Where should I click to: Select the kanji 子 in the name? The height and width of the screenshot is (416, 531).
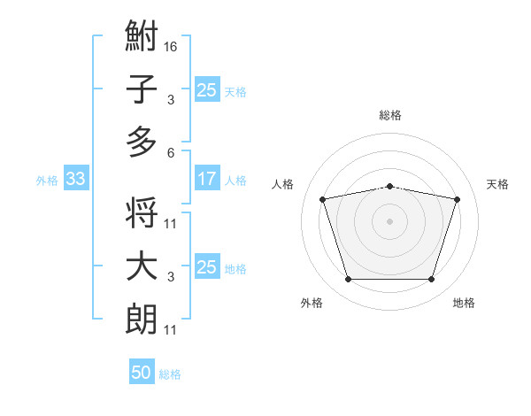142,90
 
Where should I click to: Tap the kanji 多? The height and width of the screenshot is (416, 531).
142,142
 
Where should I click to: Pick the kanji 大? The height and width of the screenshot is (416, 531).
142,267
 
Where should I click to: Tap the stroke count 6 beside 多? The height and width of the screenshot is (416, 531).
171,151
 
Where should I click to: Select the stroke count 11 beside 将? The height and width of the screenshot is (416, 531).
171,224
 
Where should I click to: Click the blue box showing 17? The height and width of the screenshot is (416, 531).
206,179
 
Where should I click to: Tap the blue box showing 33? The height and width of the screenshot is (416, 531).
75,179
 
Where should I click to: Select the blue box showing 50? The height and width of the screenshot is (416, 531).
142,373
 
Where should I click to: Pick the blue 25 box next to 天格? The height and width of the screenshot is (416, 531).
206,89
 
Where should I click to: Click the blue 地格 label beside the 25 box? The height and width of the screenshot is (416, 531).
236,268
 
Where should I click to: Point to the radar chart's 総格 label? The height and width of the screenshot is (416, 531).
389,115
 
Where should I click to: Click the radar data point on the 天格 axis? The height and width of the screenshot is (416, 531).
457,199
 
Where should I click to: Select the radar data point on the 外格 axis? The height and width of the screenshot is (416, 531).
348,280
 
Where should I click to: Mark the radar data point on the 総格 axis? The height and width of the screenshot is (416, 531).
389,186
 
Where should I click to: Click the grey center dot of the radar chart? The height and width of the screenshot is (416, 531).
389,221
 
